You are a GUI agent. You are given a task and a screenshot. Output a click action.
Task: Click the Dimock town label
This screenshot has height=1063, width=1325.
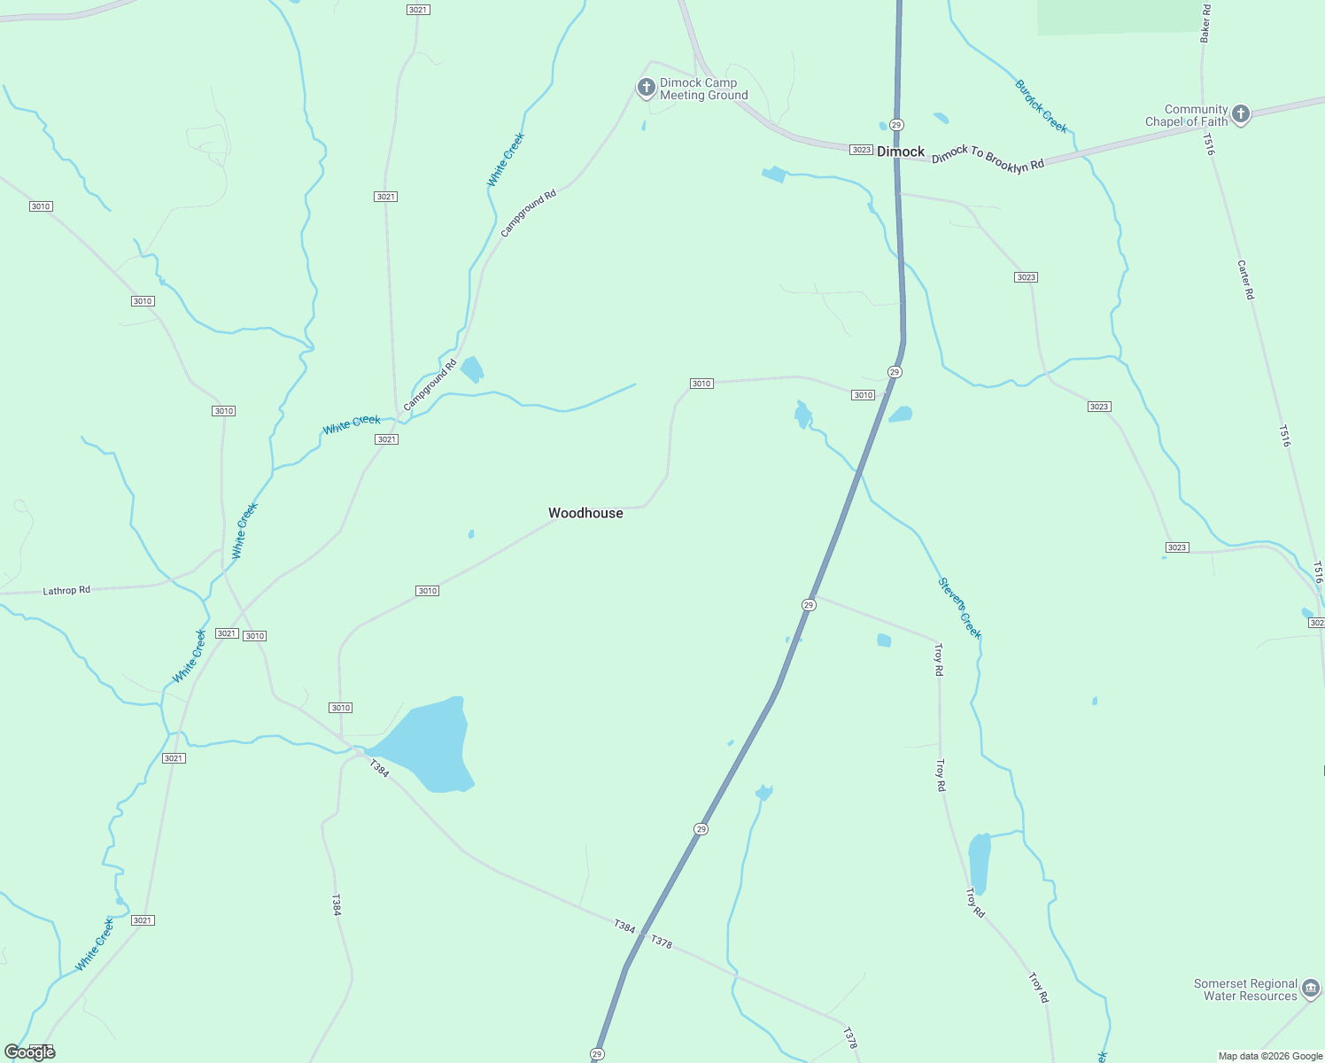tap(901, 151)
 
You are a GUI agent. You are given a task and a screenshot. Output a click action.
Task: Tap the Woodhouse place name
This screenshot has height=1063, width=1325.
tap(585, 513)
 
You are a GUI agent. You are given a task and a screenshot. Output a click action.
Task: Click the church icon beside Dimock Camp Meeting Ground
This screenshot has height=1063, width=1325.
tap(647, 88)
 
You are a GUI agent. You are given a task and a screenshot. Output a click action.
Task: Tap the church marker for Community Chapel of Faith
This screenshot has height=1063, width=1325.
tap(1241, 114)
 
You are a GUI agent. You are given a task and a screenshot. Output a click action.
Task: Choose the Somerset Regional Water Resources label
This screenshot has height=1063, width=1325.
tap(1245, 989)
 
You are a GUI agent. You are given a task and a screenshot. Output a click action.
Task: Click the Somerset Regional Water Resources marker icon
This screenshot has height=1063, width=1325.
tap(1310, 989)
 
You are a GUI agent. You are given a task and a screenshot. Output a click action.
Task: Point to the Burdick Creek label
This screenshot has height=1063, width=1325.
tap(1042, 106)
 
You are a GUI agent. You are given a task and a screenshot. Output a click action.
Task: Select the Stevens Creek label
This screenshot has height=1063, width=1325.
tap(960, 608)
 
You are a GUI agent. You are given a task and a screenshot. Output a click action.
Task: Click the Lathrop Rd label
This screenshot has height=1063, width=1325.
tap(66, 590)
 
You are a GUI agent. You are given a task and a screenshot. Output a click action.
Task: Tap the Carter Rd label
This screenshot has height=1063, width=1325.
tap(1245, 280)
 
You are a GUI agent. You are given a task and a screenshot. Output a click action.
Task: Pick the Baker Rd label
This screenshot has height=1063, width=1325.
tap(1205, 23)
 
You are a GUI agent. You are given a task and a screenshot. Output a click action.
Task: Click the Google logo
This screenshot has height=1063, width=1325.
tap(29, 1052)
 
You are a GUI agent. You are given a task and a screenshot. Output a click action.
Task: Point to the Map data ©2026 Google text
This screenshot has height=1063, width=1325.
tap(1270, 1056)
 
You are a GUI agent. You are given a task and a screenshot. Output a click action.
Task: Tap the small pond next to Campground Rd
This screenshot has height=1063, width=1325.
tap(472, 369)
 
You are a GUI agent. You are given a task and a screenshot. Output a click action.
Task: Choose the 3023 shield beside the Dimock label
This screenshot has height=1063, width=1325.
tap(861, 150)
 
